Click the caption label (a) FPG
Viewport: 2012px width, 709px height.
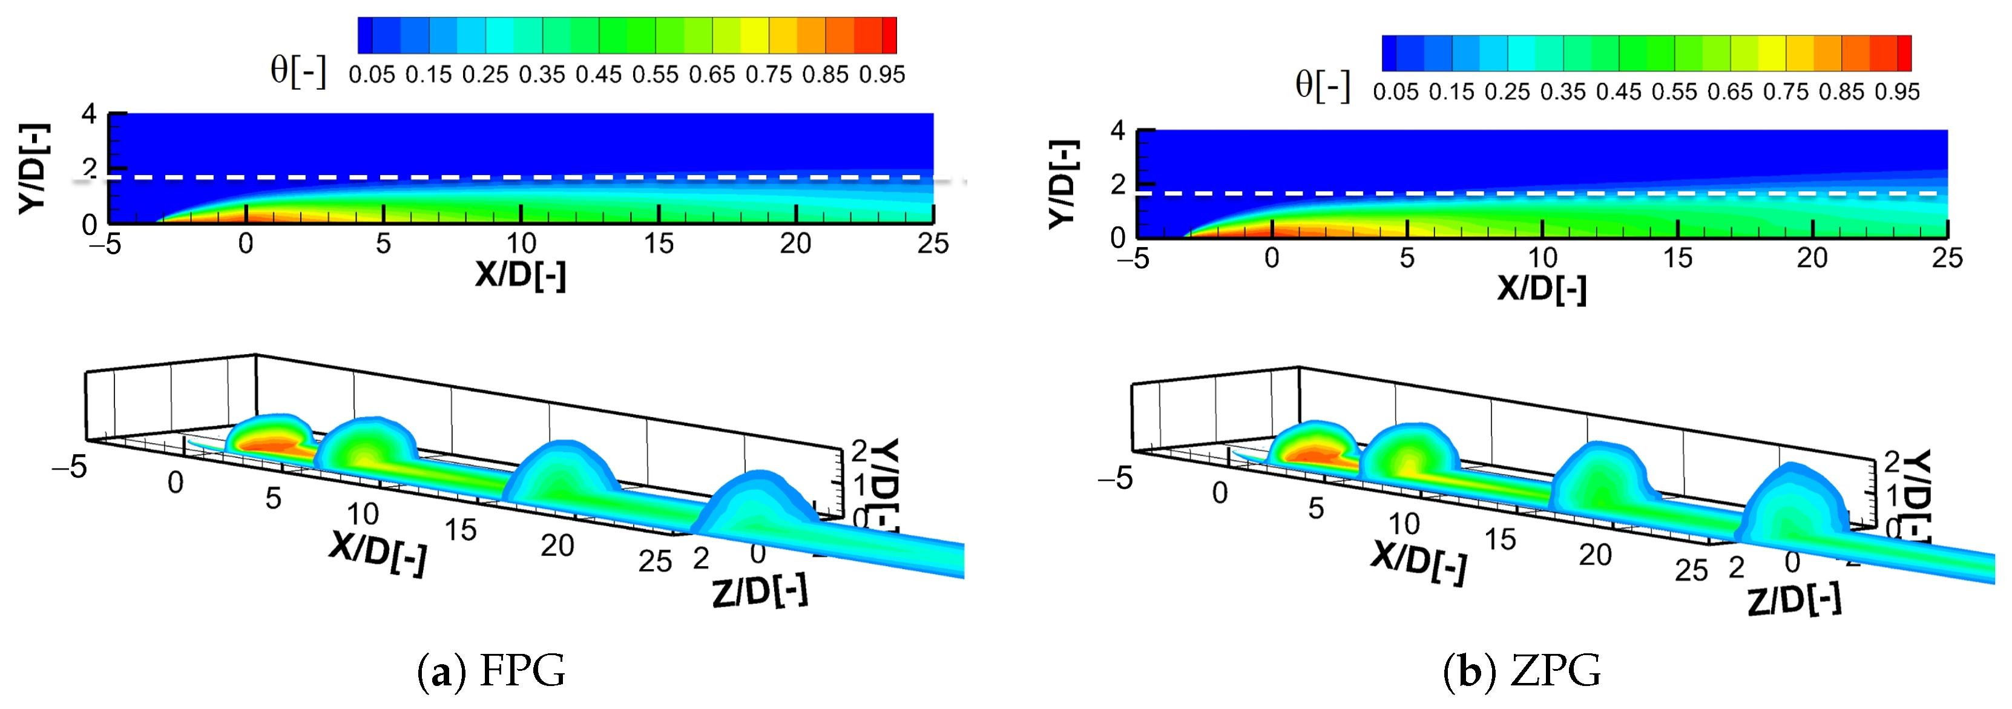click(x=491, y=671)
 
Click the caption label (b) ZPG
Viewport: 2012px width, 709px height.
click(x=1522, y=671)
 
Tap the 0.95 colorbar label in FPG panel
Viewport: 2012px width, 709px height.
click(x=882, y=75)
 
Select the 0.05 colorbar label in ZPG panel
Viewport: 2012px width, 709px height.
click(x=1395, y=92)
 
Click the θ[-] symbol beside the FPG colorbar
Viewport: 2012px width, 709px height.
click(x=298, y=70)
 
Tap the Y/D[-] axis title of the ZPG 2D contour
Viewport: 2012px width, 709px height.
click(x=1063, y=185)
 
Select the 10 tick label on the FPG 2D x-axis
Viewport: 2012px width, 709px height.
click(x=521, y=244)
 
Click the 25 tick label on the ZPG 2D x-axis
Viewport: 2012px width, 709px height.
click(x=1947, y=258)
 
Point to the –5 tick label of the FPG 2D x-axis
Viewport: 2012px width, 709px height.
click(x=105, y=244)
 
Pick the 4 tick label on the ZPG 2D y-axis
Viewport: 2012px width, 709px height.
click(x=1118, y=131)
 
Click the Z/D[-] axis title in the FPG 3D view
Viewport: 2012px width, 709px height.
click(x=760, y=592)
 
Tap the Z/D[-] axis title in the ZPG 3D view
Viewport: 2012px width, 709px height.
click(x=1794, y=601)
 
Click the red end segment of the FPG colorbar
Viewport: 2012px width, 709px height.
click(x=889, y=35)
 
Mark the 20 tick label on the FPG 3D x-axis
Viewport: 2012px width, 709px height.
click(x=557, y=546)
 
